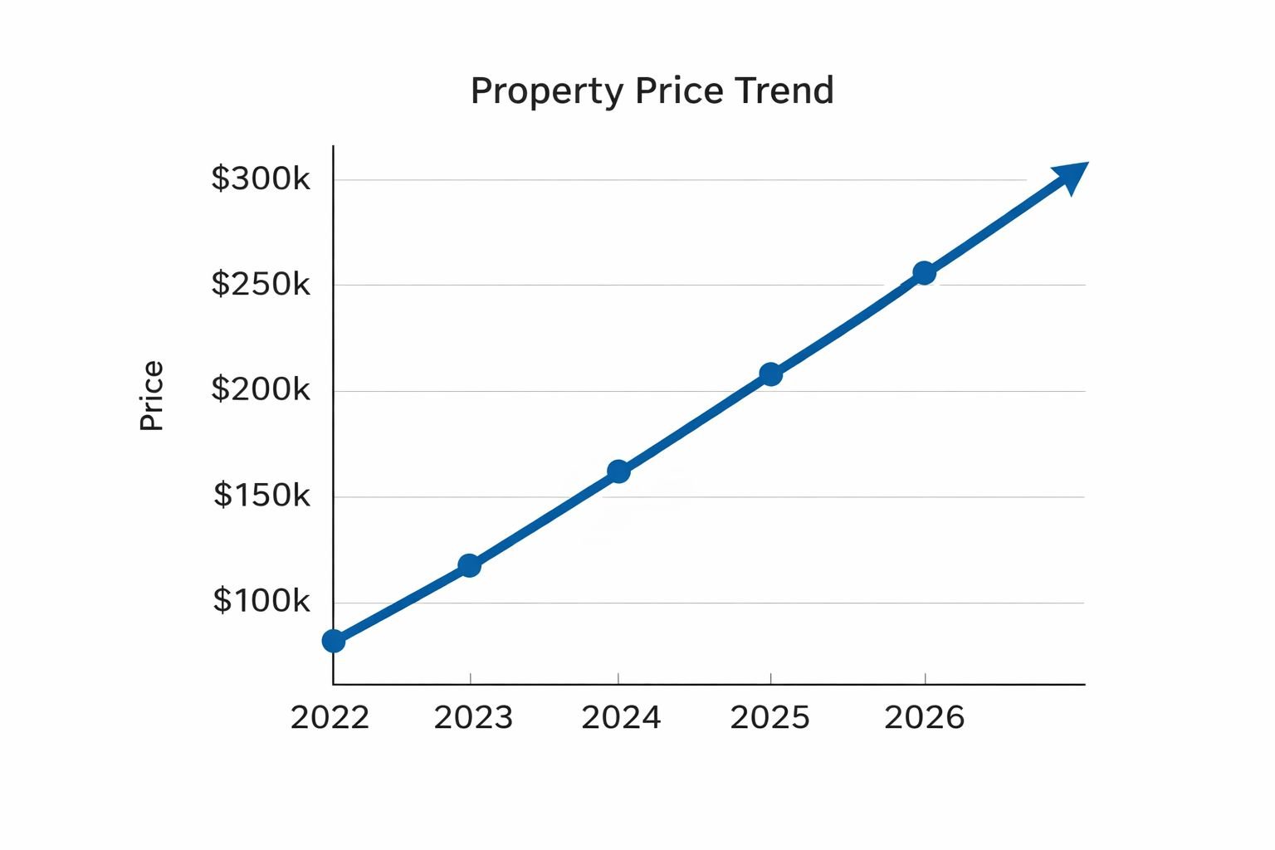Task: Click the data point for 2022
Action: click(333, 641)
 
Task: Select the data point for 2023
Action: click(470, 565)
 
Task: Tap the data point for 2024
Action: click(618, 471)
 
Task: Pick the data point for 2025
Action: click(770, 374)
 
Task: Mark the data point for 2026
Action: click(924, 272)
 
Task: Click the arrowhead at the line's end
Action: click(1072, 176)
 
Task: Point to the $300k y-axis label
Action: click(261, 178)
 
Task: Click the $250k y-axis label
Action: click(261, 284)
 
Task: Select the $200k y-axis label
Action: click(261, 388)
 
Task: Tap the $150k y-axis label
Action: click(261, 495)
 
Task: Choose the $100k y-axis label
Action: click(261, 600)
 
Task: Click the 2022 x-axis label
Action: click(330, 718)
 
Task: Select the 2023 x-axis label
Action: click(473, 718)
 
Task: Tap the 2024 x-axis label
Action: click(621, 718)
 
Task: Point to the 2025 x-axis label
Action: click(769, 718)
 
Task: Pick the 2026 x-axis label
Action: click(924, 718)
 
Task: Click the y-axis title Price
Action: click(152, 396)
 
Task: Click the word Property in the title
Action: click(546, 91)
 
